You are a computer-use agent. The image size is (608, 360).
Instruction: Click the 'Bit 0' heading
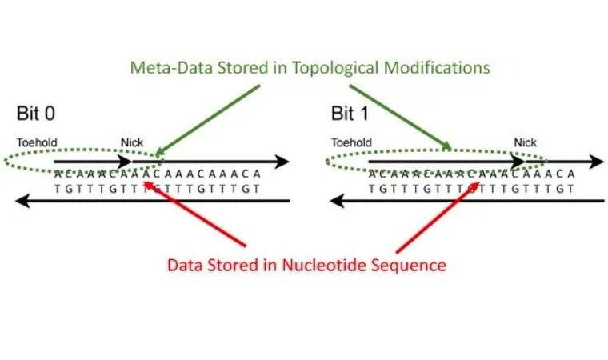[x=36, y=112]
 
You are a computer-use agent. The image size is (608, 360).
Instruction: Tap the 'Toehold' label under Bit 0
[x=37, y=142]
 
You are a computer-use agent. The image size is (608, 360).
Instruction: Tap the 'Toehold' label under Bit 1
[x=351, y=142]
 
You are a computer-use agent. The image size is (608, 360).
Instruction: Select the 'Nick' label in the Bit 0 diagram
[x=131, y=142]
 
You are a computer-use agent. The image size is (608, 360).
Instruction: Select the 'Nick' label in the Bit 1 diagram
[x=526, y=142]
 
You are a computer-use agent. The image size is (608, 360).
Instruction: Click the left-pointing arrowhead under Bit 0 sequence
[x=22, y=202]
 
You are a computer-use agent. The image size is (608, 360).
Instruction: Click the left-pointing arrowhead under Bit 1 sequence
[x=337, y=202]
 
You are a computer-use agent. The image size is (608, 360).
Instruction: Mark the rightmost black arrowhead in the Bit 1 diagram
[x=598, y=162]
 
